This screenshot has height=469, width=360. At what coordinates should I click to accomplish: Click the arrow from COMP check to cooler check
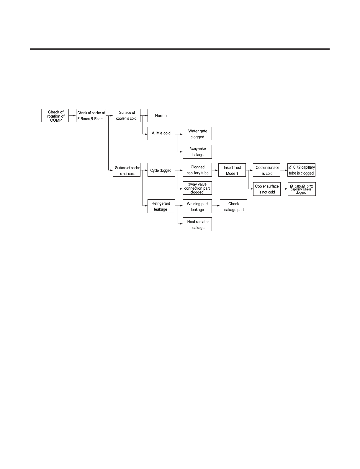(x=72, y=116)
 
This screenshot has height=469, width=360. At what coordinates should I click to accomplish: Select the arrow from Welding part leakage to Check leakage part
(x=216, y=206)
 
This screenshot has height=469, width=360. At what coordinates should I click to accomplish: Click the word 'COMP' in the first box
(x=56, y=120)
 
